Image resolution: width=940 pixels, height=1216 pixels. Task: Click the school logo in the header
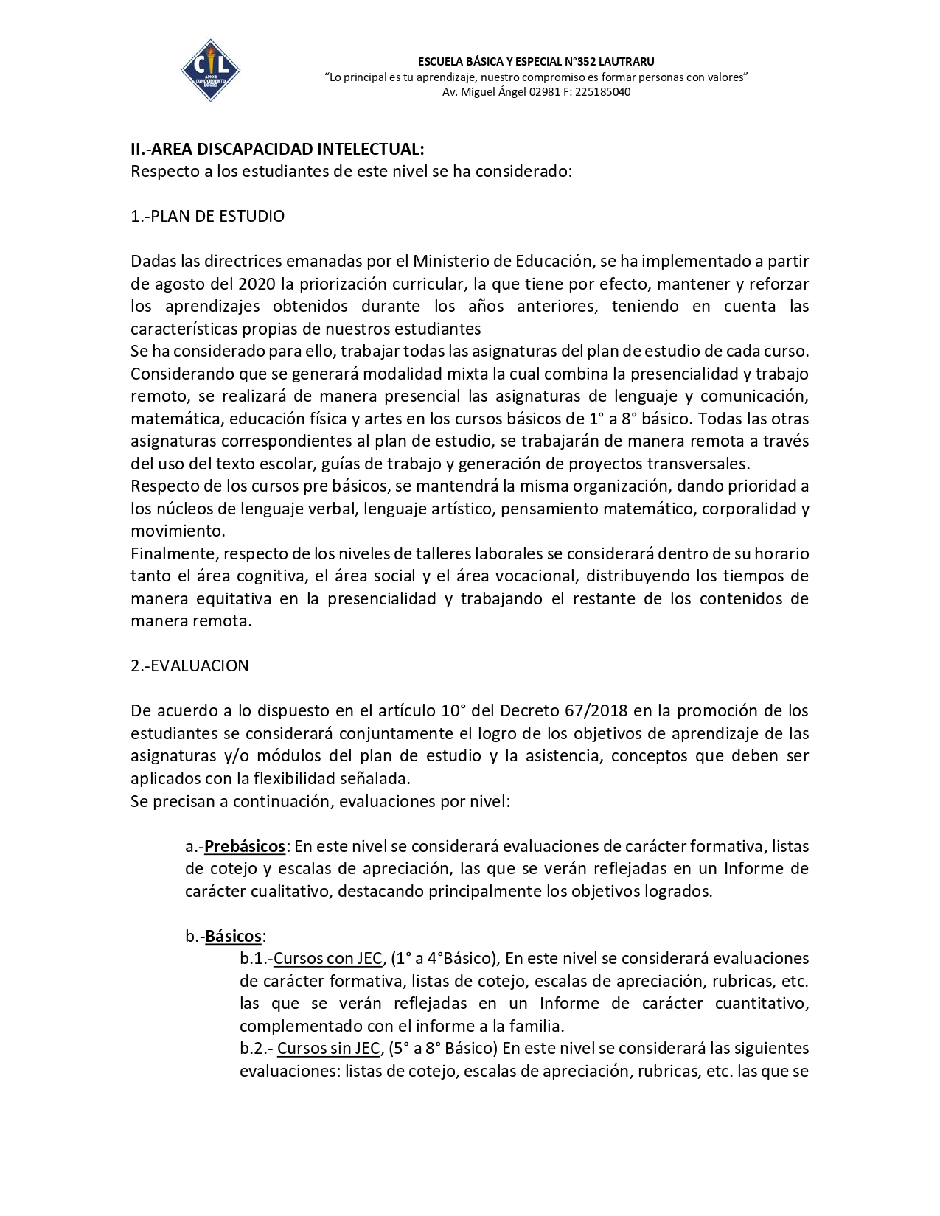(x=210, y=70)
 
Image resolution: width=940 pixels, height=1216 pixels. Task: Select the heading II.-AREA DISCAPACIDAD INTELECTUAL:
(x=277, y=149)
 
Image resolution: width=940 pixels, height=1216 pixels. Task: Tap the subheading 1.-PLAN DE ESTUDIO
(x=207, y=216)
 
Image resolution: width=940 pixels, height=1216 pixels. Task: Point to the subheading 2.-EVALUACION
(x=189, y=665)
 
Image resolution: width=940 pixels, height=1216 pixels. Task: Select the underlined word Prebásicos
(x=245, y=846)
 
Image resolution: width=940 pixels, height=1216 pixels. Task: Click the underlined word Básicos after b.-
(x=233, y=936)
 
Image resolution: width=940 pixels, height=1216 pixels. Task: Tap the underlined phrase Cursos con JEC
(x=328, y=958)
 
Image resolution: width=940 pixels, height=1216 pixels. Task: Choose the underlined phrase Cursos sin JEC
(x=329, y=1048)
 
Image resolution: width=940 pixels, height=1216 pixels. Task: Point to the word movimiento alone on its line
(x=177, y=531)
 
